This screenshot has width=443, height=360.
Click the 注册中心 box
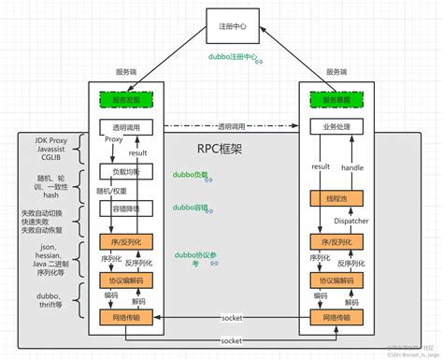(x=231, y=25)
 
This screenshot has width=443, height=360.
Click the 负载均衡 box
(x=125, y=172)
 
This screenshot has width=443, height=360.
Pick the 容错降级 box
(x=125, y=209)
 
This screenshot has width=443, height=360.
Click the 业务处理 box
(x=336, y=126)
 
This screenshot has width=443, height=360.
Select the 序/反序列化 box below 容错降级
(x=125, y=244)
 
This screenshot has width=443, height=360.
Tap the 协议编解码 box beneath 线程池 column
(x=336, y=281)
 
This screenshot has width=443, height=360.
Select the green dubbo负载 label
(x=190, y=174)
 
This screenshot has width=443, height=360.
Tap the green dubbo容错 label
(x=190, y=208)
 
